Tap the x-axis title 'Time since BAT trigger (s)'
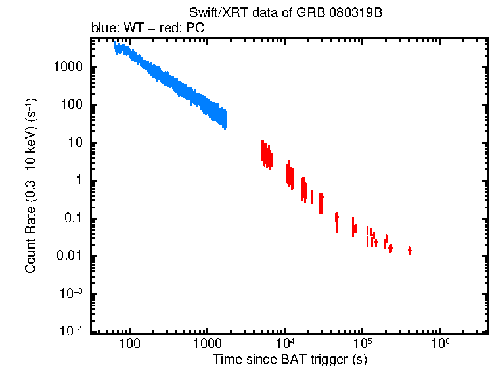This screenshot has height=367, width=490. (289, 359)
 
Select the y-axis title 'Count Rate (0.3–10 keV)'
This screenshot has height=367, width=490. (31, 187)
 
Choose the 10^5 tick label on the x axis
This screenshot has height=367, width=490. (362, 344)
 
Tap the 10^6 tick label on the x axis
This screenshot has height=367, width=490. (439, 344)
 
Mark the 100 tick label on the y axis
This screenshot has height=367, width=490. (72, 106)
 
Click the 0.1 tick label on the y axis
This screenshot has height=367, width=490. (72, 219)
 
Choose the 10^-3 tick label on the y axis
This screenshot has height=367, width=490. (71, 294)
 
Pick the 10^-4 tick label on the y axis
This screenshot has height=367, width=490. (71, 331)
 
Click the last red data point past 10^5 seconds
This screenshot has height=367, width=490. (410, 250)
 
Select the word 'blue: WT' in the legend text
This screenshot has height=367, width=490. (110, 29)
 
